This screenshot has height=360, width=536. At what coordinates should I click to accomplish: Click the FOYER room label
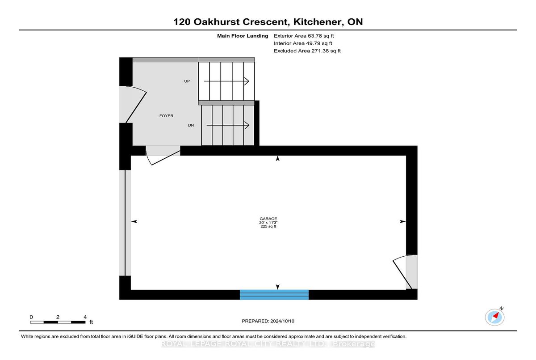pyautogui.click(x=166, y=116)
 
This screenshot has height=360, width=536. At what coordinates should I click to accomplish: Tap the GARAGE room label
pyautogui.click(x=268, y=219)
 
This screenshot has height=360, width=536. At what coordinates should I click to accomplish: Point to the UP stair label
pyautogui.click(x=187, y=81)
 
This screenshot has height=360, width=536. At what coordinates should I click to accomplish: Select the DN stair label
pyautogui.click(x=191, y=125)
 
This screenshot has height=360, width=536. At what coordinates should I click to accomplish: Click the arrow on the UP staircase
pyautogui.click(x=226, y=81)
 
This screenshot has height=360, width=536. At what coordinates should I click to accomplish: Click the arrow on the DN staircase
pyautogui.click(x=228, y=125)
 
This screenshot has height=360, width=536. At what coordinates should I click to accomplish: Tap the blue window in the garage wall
pyautogui.click(x=274, y=295)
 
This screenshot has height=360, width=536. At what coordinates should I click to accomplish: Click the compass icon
pyautogui.click(x=494, y=317)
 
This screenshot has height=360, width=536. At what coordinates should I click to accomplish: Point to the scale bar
pyautogui.click(x=58, y=322)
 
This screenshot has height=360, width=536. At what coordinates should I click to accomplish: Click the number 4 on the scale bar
pyautogui.click(x=85, y=317)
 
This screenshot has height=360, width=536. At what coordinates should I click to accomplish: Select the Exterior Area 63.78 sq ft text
pyautogui.click(x=304, y=36)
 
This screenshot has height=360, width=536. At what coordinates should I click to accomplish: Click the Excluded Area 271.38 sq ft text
pyautogui.click(x=307, y=51)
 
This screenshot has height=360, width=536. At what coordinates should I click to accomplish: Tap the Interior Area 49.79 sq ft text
pyautogui.click(x=303, y=43)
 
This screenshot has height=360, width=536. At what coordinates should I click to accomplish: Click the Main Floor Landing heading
pyautogui.click(x=243, y=36)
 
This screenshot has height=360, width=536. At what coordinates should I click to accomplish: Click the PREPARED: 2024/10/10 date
pyautogui.click(x=268, y=321)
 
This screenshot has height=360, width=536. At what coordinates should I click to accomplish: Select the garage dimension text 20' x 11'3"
pyautogui.click(x=268, y=223)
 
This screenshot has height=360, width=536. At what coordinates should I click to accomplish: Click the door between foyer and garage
pyautogui.click(x=163, y=155)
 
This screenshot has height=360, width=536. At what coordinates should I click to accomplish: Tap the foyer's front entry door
pyautogui.click(x=133, y=104)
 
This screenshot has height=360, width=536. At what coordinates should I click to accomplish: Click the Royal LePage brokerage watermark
pyautogui.click(x=268, y=344)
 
